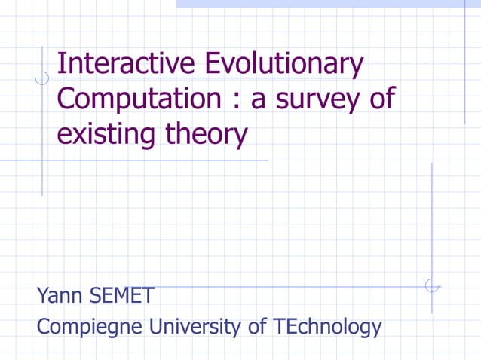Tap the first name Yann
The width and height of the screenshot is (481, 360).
point(59,296)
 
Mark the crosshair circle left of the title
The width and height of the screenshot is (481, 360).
point(42,77)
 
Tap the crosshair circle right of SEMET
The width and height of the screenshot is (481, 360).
point(431,286)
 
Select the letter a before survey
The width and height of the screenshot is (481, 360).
point(259,102)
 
